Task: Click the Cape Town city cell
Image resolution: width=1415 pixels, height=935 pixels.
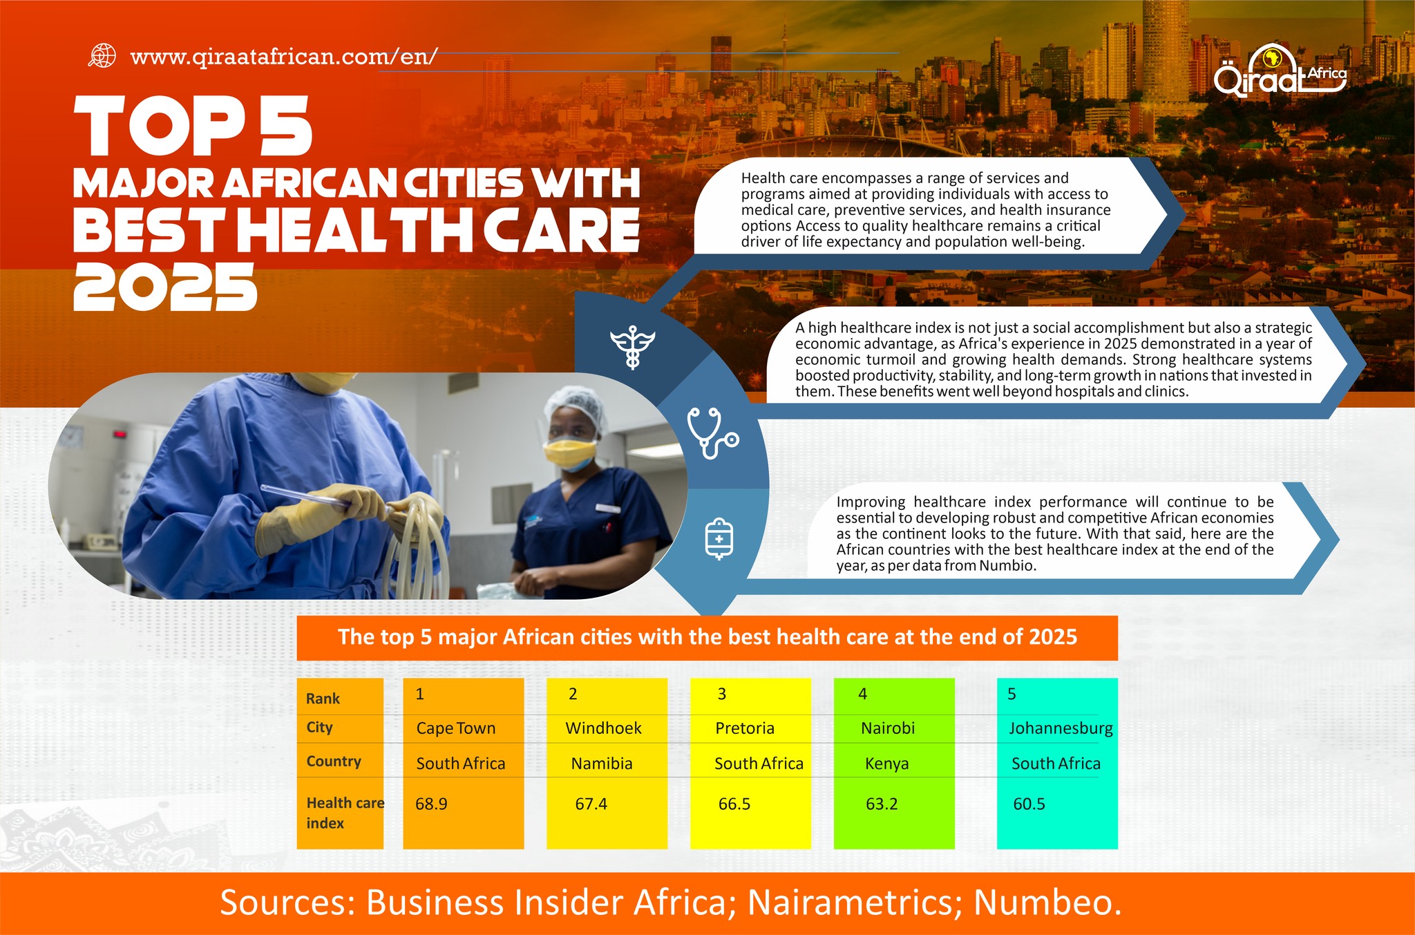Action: pyautogui.click(x=456, y=728)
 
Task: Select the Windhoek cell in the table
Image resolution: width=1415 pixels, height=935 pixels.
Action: pyautogui.click(x=603, y=728)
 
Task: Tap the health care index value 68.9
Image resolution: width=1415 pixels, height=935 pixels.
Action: pyautogui.click(x=431, y=804)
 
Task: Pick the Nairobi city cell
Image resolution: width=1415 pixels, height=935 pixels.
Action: pyautogui.click(x=888, y=728)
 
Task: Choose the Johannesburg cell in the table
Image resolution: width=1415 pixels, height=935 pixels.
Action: pyautogui.click(x=1061, y=729)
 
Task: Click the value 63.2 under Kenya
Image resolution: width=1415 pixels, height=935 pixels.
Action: pyautogui.click(x=882, y=804)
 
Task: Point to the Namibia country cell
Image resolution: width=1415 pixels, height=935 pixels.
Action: pyautogui.click(x=602, y=764)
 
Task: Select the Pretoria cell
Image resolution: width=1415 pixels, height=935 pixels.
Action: pyautogui.click(x=745, y=728)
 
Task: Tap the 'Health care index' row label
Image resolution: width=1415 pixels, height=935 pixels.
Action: pyautogui.click(x=345, y=813)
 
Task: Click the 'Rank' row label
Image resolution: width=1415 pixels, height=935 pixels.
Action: pyautogui.click(x=323, y=699)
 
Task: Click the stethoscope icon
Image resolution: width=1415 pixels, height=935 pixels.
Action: pyautogui.click(x=712, y=433)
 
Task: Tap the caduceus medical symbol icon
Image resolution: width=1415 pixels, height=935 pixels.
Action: pyautogui.click(x=632, y=346)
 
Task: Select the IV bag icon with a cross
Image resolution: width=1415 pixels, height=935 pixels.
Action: pyautogui.click(x=719, y=538)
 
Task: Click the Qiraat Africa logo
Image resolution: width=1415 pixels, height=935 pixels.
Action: pyautogui.click(x=1280, y=71)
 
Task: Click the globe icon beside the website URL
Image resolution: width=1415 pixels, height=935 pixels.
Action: pyautogui.click(x=102, y=56)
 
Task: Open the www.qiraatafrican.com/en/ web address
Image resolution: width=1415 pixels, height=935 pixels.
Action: pyautogui.click(x=283, y=57)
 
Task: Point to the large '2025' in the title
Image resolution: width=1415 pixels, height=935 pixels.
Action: pyautogui.click(x=165, y=287)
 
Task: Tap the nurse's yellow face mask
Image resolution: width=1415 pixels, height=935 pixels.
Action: pyautogui.click(x=569, y=451)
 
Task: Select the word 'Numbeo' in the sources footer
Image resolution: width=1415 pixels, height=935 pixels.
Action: pyautogui.click(x=1047, y=903)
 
